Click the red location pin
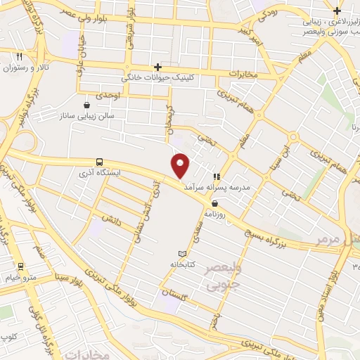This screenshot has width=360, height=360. point(181,165)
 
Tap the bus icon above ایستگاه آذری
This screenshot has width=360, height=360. point(99,161)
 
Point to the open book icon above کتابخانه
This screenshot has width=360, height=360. point(183,253)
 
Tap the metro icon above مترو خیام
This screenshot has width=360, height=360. point(21,266)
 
